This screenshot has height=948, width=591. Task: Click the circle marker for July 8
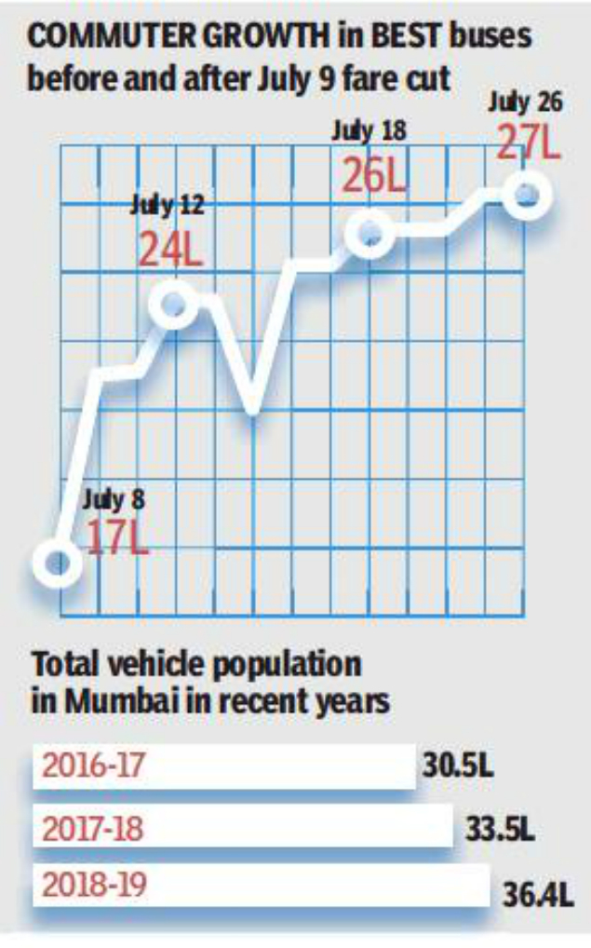[x=58, y=562]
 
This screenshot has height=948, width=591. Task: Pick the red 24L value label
[x=170, y=250]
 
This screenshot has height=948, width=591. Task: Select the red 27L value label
[x=528, y=143]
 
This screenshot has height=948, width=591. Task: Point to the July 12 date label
[x=167, y=206]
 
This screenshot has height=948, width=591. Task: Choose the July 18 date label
[x=369, y=130]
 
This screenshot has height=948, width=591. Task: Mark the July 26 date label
[x=526, y=102]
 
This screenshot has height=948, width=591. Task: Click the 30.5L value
[x=457, y=769]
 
